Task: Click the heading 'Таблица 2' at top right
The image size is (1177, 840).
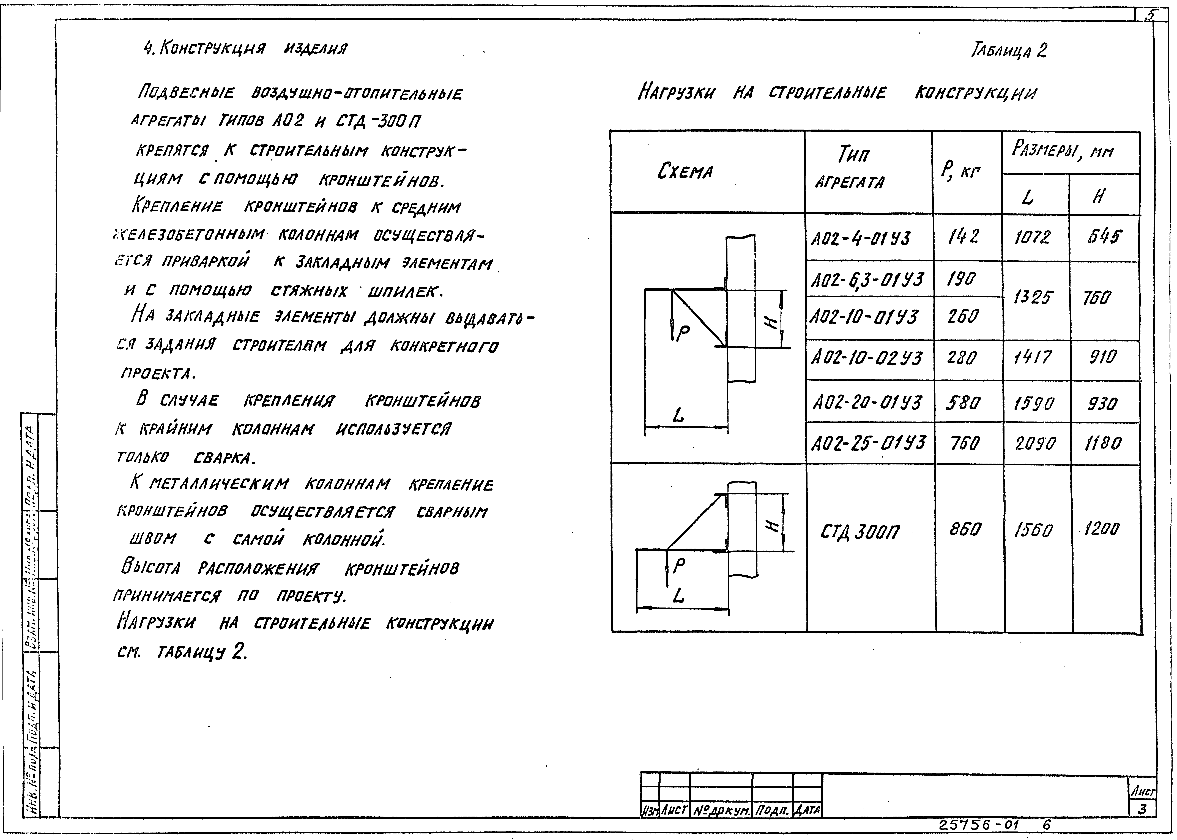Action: click(x=1009, y=51)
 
